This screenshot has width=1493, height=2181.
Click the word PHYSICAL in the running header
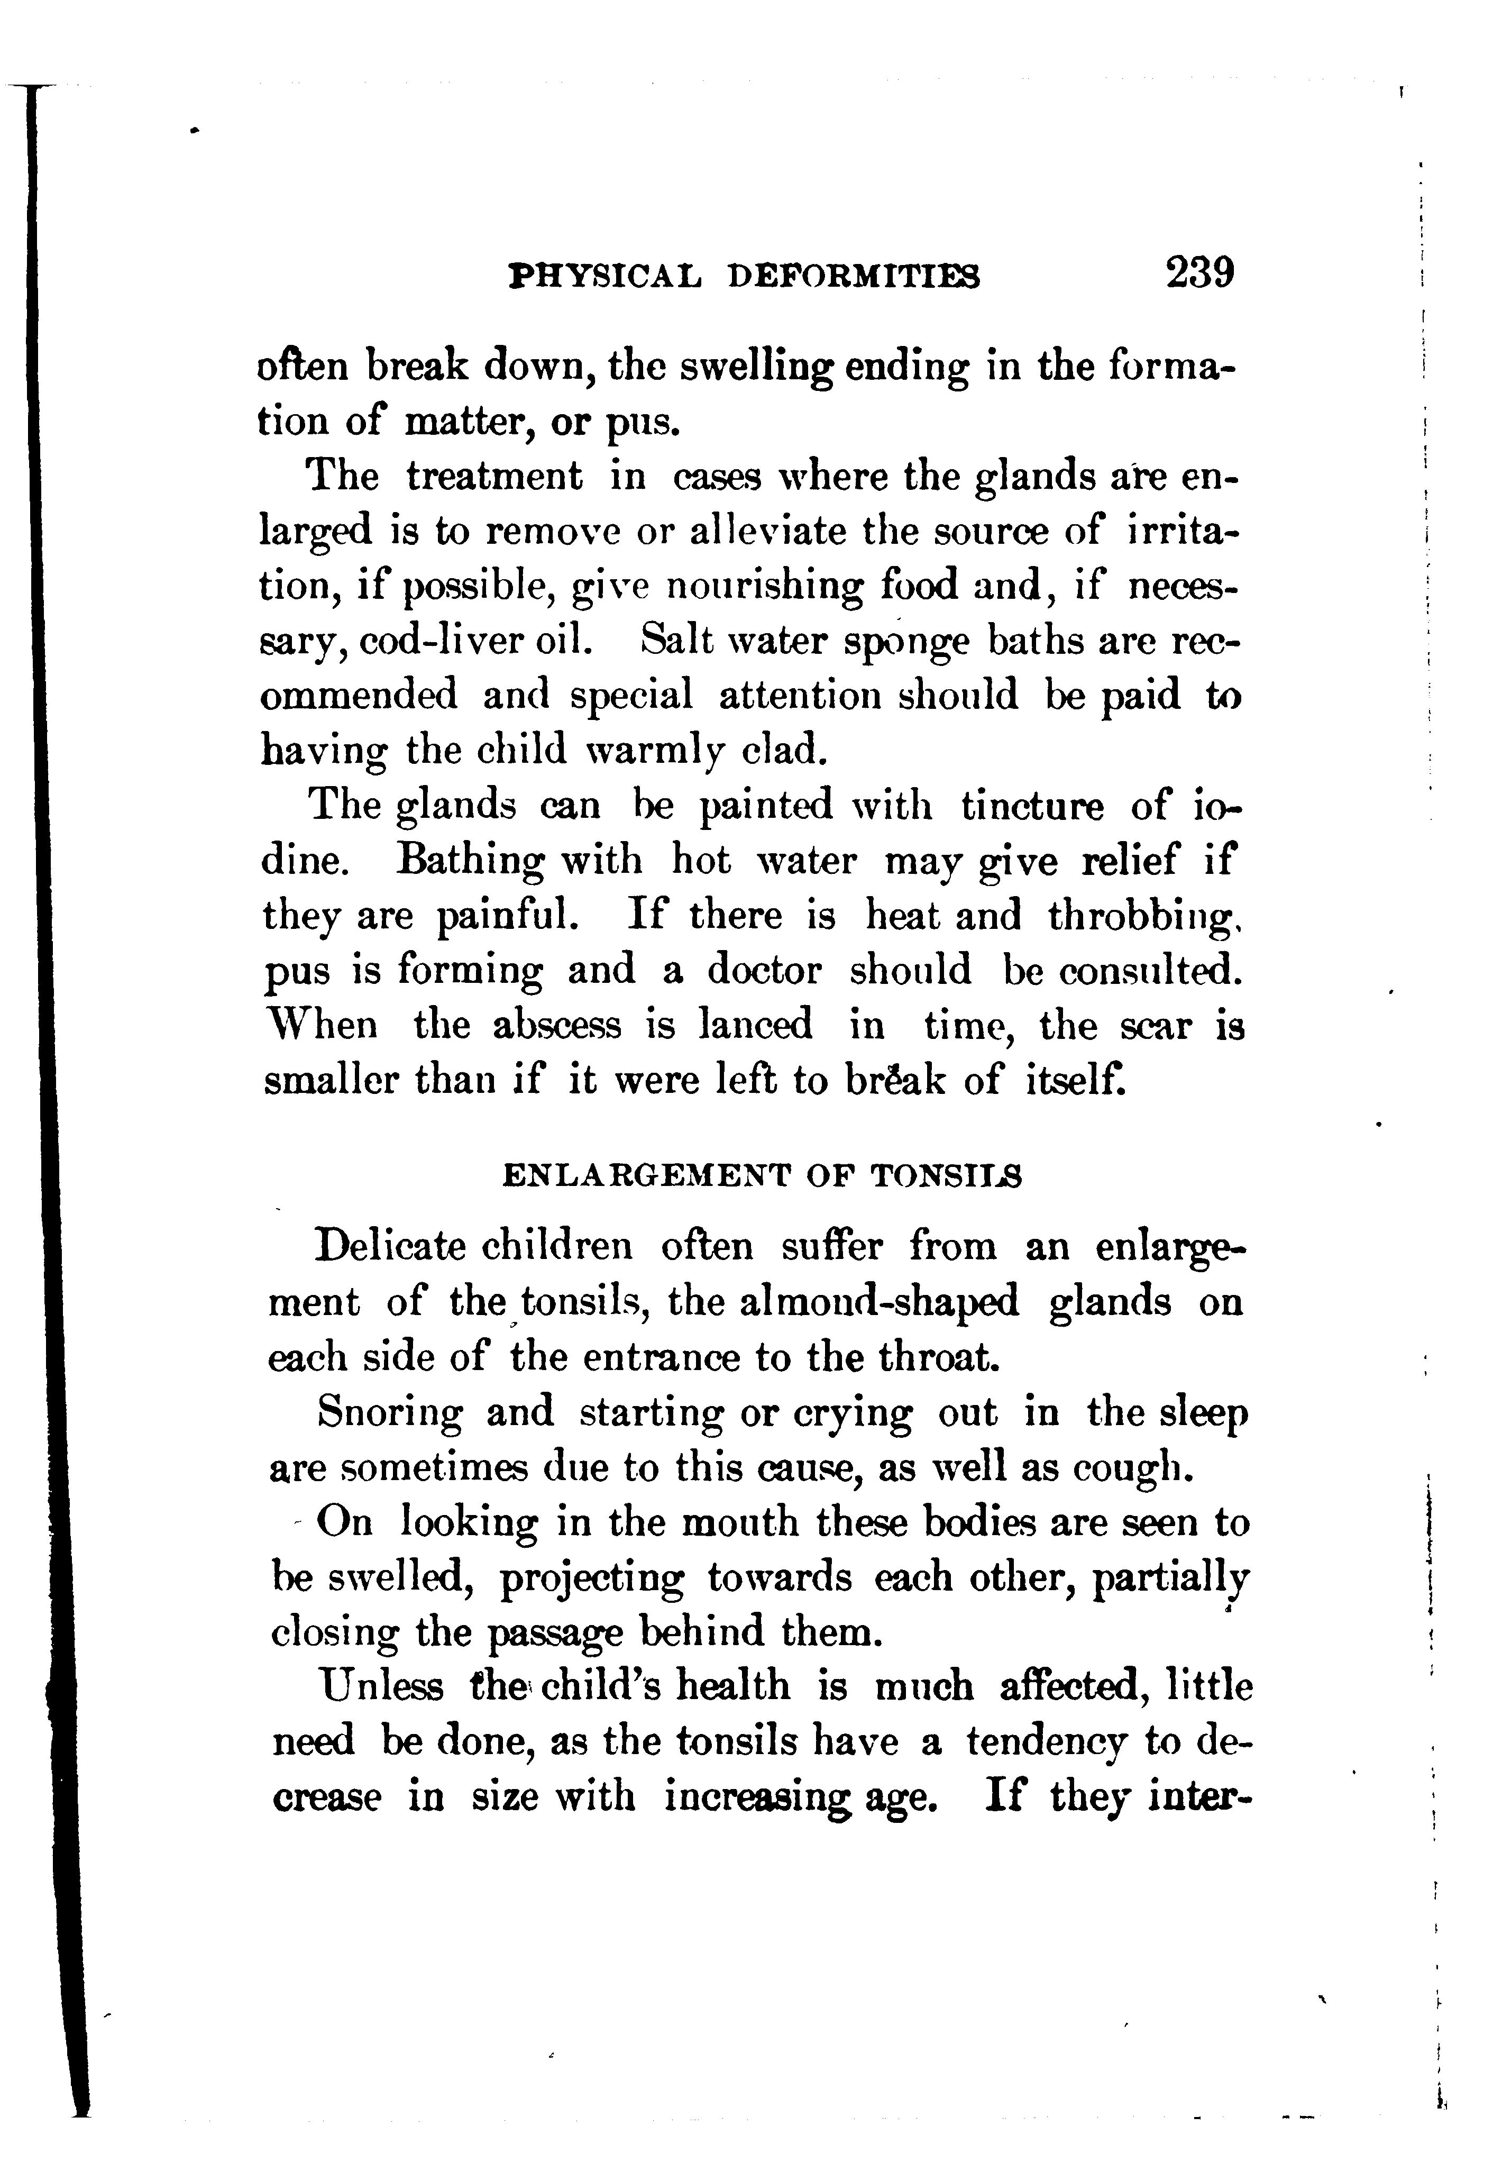[603, 276]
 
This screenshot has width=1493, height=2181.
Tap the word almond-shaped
[880, 1302]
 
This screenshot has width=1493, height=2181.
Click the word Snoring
[389, 1412]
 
